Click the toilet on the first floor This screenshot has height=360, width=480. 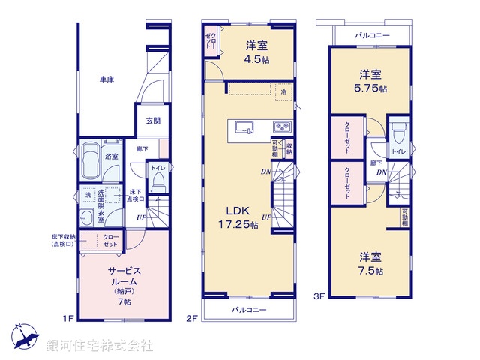click(157, 181)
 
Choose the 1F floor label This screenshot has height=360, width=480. click(67, 318)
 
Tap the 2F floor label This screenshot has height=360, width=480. click(191, 318)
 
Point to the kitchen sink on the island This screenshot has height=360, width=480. click(245, 126)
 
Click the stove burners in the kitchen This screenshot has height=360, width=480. click(282, 126)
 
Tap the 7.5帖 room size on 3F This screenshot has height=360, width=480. click(370, 270)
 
